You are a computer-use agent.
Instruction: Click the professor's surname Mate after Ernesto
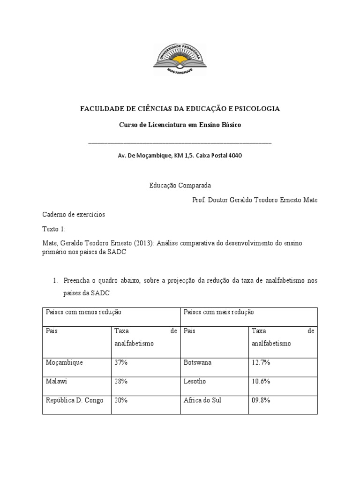tap(309, 200)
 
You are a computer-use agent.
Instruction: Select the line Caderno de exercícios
tap(74, 215)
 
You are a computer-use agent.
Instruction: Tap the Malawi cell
tap(56, 382)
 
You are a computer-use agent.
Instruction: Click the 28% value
tap(121, 382)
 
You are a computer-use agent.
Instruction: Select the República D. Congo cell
tap(75, 400)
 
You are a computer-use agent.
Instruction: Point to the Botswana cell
tap(198, 362)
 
